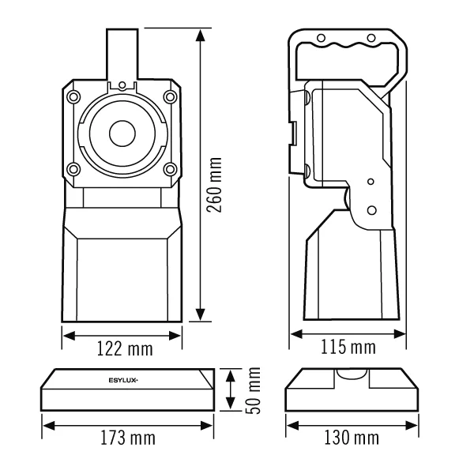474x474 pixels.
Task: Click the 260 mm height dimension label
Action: click(214, 185)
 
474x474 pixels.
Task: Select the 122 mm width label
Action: click(125, 348)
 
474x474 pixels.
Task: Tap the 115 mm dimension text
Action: click(348, 347)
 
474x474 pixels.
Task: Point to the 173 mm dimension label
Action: click(128, 438)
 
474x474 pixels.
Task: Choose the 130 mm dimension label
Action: click(352, 438)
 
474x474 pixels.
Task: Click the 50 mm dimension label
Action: click(253, 390)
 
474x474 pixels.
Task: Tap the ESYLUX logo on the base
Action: click(123, 380)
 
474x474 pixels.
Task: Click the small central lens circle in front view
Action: click(122, 134)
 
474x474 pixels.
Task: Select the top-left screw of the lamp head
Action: click(73, 97)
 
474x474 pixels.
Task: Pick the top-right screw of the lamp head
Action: click(170, 96)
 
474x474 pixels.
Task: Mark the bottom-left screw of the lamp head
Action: click(73, 169)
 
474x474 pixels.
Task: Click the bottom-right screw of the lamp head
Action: click(171, 169)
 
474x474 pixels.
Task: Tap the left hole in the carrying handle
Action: click(321, 39)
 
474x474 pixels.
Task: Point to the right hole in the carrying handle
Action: click(371, 39)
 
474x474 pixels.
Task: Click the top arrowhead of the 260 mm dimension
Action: click(200, 36)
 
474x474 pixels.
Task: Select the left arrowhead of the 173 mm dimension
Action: click(49, 426)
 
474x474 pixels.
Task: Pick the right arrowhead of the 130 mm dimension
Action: click(412, 426)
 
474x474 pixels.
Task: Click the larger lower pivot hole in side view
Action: click(372, 210)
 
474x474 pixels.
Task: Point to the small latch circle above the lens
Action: click(122, 85)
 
